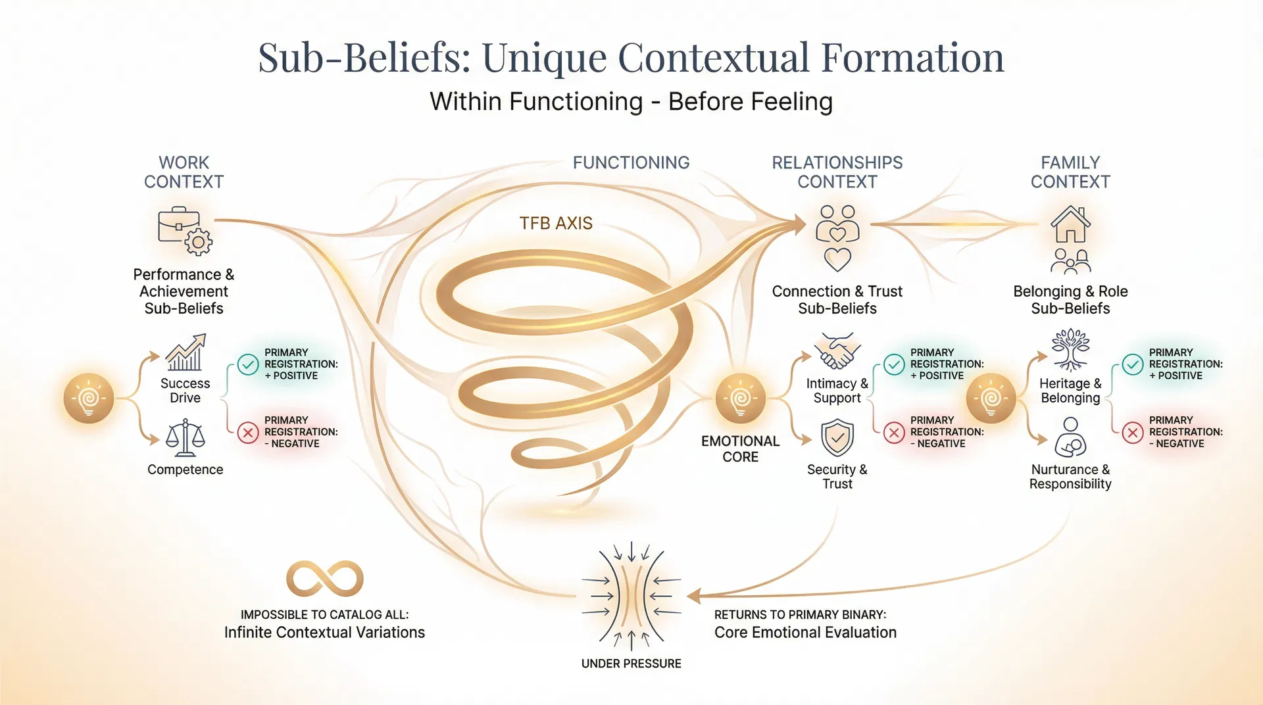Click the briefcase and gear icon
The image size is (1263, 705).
pyautogui.click(x=184, y=231)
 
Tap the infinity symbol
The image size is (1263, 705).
pyautogui.click(x=325, y=579)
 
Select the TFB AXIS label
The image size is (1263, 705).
pyautogui.click(x=556, y=224)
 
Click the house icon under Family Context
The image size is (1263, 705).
pyautogui.click(x=1070, y=224)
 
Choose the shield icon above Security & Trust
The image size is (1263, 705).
pyautogui.click(x=837, y=438)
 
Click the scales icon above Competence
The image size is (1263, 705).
pyautogui.click(x=185, y=439)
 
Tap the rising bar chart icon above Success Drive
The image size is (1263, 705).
pyautogui.click(x=185, y=352)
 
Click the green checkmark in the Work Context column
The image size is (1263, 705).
pyautogui.click(x=248, y=364)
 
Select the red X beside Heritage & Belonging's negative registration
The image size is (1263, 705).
pyautogui.click(x=1133, y=433)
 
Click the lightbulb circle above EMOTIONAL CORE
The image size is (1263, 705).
pyautogui.click(x=741, y=399)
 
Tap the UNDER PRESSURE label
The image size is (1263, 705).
pyautogui.click(x=631, y=664)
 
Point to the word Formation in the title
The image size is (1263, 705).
pyautogui.click(x=912, y=58)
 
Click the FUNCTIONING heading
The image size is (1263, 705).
pyautogui.click(x=631, y=162)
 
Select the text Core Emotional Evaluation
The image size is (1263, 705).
pyautogui.click(x=805, y=633)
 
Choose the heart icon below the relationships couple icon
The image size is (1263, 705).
pyautogui.click(x=837, y=260)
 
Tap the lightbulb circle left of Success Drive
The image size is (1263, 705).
pyautogui.click(x=89, y=399)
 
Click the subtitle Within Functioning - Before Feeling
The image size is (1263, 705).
pyautogui.click(x=631, y=102)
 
